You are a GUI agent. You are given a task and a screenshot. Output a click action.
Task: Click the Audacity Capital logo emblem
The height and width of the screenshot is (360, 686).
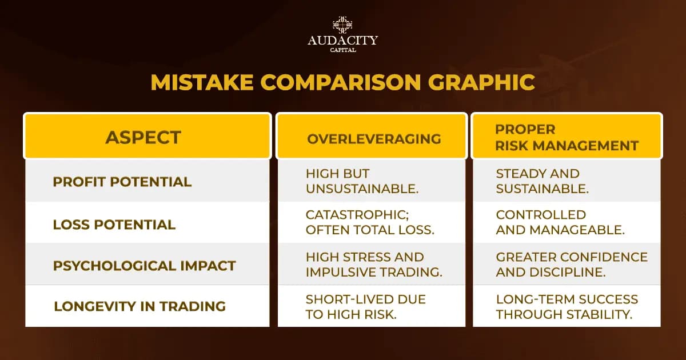[x=342, y=25]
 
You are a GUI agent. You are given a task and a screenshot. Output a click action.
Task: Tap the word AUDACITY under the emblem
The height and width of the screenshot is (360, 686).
[x=342, y=41]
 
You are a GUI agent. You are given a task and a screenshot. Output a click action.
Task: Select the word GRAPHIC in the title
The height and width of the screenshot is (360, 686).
[x=481, y=82]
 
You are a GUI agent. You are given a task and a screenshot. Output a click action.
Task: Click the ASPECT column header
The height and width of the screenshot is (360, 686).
[x=143, y=137]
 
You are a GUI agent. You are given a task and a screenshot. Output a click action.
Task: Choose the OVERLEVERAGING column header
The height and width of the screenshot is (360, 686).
[x=374, y=139]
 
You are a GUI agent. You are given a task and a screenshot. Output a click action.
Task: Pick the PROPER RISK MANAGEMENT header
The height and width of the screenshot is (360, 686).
[x=566, y=137]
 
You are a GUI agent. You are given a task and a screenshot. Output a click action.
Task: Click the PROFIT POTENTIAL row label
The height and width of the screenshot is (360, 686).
[x=122, y=182]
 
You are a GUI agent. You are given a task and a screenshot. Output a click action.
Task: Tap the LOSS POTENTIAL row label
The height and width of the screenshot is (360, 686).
[x=114, y=225]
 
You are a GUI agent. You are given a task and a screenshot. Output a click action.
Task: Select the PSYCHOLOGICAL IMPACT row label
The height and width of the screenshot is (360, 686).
[x=145, y=266]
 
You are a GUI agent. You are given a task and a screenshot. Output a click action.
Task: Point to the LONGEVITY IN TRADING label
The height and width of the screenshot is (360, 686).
[x=139, y=306]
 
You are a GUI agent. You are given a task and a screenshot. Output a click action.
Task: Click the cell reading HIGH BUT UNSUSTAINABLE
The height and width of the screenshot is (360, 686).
[x=362, y=181]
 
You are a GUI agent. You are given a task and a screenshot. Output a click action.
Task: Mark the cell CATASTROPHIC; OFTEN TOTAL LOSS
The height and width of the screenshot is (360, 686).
[x=370, y=223]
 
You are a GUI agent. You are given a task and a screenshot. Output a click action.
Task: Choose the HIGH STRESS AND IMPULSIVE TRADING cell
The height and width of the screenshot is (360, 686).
[x=374, y=265]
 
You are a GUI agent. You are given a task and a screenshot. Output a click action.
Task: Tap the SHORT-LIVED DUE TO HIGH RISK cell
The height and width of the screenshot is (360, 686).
[x=366, y=306]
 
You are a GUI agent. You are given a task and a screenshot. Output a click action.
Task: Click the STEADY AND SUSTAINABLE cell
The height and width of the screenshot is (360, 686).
[x=542, y=181]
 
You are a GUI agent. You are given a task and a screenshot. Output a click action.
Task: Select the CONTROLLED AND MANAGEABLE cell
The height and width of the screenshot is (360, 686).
[x=560, y=223]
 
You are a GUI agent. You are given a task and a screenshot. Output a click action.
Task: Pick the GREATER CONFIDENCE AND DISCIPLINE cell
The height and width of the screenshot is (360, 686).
[x=572, y=265]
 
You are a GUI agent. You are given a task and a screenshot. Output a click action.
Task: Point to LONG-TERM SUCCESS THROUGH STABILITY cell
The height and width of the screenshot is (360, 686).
[x=567, y=306]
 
